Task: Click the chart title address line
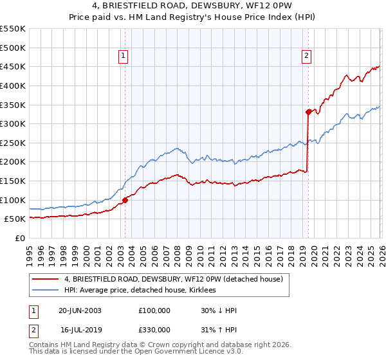coord(192,6)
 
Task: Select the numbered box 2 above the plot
coord(308,57)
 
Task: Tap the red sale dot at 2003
coord(125,200)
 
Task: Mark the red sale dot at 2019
coord(308,112)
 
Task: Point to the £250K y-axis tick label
coord(13,143)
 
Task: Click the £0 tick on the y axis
coord(20,238)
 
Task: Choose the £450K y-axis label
coord(13,66)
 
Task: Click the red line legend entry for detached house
coord(178,280)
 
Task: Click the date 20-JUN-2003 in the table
coord(80,310)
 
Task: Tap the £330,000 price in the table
coord(154,329)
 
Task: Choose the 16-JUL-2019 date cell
coord(80,329)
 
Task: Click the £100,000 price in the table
coord(154,310)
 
